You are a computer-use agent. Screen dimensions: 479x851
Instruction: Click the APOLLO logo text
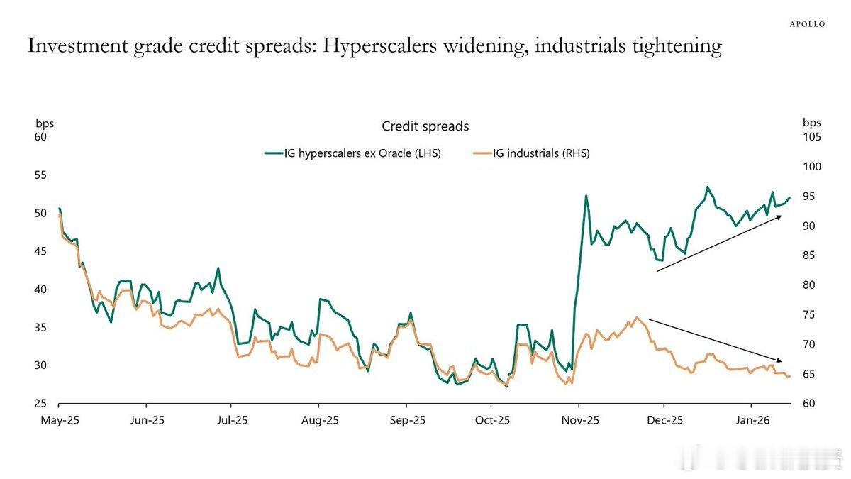point(808,23)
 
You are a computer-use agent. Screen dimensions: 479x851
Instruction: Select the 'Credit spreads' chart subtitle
point(425,126)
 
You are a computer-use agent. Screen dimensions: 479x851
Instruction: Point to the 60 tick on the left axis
point(40,136)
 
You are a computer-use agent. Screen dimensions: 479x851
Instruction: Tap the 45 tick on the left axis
point(40,251)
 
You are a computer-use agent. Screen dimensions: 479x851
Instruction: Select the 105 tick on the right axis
point(812,136)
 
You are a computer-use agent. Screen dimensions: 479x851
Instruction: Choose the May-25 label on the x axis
point(59,420)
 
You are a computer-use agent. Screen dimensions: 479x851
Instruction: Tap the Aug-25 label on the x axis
point(319,420)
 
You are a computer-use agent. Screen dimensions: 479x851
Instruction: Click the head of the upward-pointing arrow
point(780,216)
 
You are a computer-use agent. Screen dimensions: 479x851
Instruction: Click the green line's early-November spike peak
point(586,196)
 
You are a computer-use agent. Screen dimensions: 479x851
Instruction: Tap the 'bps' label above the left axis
point(45,123)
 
